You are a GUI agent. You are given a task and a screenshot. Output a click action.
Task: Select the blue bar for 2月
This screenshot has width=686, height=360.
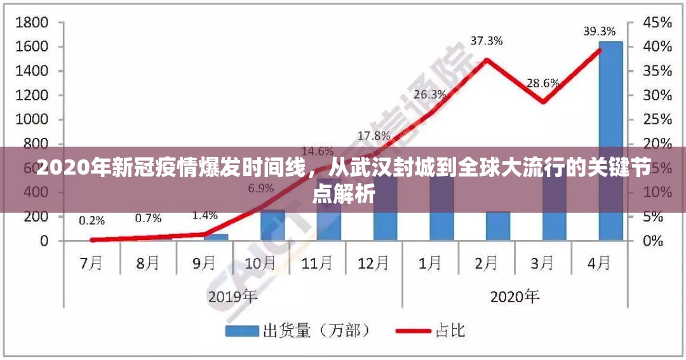click(498, 226)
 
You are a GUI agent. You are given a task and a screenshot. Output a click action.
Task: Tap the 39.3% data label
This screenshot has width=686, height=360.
click(600, 30)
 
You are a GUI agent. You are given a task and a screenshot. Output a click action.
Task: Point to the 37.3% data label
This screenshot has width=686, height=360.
click(487, 41)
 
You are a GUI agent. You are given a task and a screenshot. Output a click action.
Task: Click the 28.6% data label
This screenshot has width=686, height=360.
click(542, 83)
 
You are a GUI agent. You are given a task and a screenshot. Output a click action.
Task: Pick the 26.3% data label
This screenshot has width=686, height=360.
click(430, 94)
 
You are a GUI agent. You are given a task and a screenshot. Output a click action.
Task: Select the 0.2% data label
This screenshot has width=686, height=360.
click(92, 220)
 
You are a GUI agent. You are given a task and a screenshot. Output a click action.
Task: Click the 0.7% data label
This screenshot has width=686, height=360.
click(148, 218)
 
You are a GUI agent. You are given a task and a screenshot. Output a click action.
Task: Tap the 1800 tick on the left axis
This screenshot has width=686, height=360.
click(32, 23)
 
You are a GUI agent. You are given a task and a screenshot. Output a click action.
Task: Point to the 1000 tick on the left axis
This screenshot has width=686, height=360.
click(32, 119)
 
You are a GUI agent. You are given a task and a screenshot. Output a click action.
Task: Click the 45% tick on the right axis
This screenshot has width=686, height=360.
click(657, 23)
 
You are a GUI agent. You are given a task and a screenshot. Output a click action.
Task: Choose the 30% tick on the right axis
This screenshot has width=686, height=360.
click(657, 95)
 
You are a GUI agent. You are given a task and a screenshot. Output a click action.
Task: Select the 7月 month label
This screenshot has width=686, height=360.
click(91, 263)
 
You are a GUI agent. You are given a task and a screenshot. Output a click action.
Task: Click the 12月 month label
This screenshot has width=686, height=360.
click(373, 263)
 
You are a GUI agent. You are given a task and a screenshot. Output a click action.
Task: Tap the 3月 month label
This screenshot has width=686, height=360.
click(542, 263)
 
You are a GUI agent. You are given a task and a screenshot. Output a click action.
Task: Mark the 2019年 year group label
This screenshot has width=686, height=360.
click(232, 296)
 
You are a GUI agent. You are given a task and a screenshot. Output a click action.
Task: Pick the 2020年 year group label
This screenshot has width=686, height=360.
click(514, 296)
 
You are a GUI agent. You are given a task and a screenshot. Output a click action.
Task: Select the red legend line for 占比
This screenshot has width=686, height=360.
click(414, 331)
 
